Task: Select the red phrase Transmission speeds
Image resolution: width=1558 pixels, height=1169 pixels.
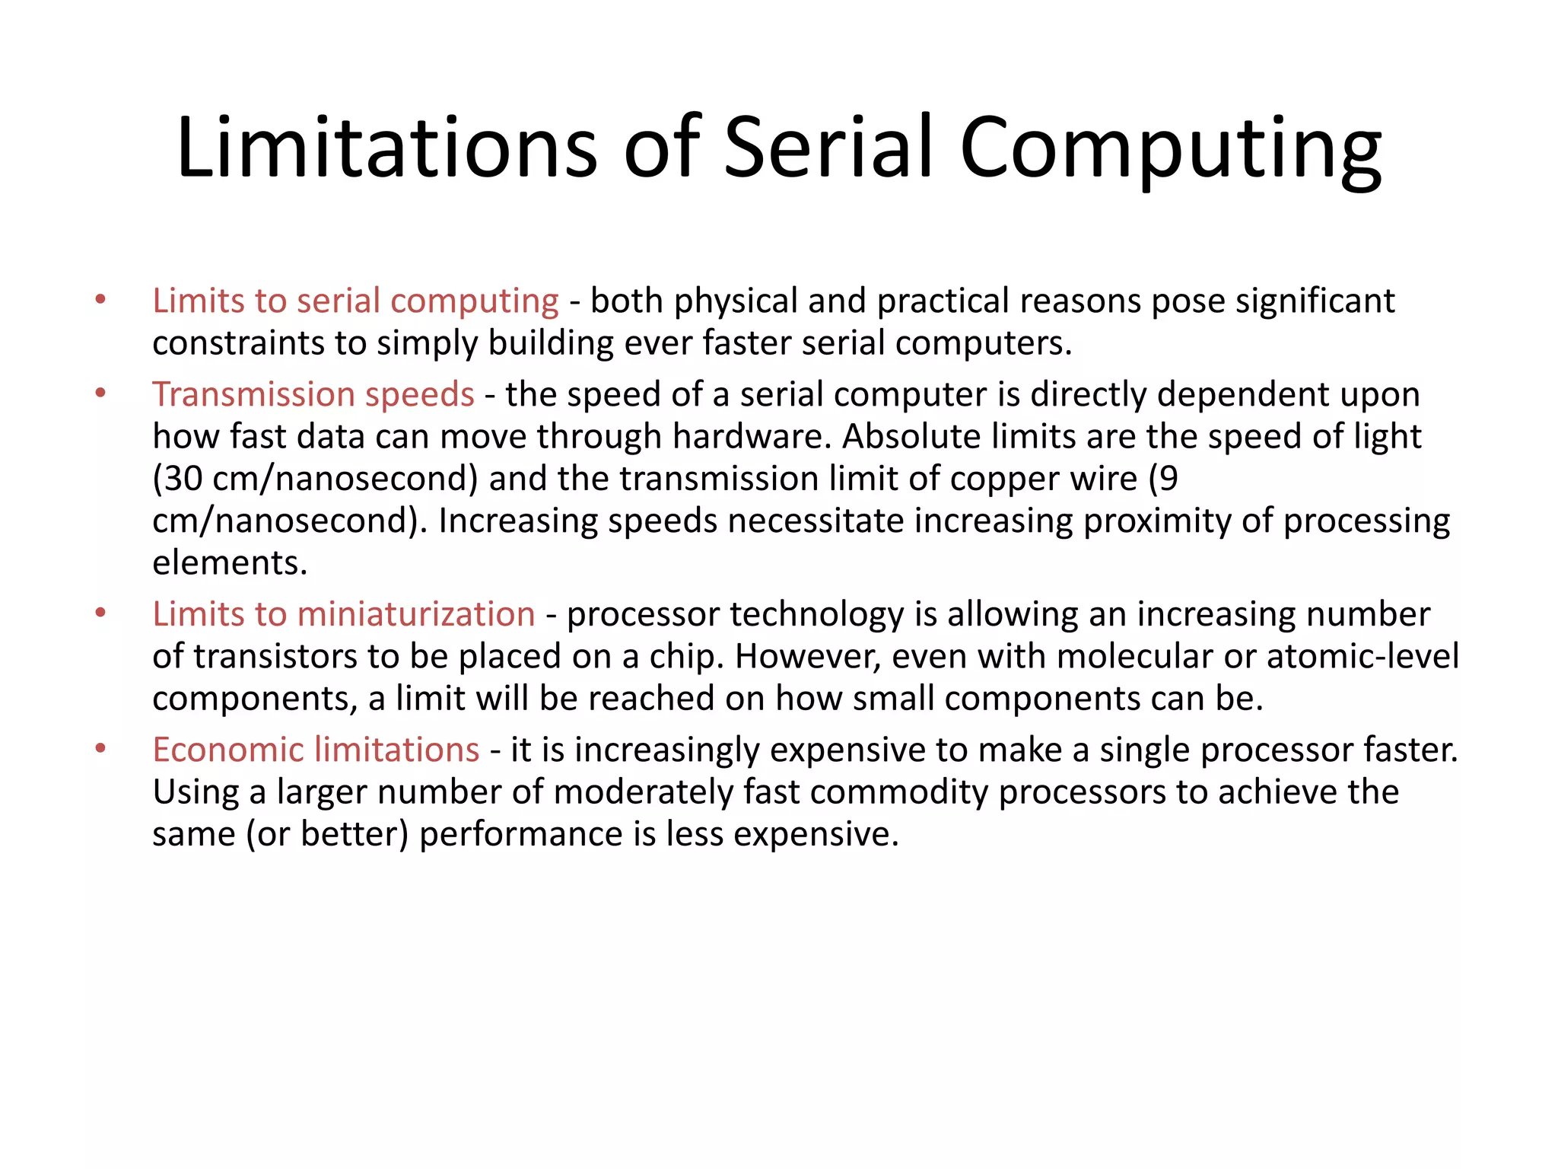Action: click(313, 394)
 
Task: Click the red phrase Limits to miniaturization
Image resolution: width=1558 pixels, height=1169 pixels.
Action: click(344, 614)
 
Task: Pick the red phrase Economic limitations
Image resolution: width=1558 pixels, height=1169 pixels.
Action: click(316, 750)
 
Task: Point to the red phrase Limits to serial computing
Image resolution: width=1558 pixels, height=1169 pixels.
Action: click(355, 301)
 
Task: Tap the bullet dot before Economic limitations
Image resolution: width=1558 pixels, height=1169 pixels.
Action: click(100, 750)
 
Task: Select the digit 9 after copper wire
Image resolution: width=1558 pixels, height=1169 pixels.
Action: click(1168, 479)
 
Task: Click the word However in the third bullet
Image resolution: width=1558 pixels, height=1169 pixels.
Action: click(807, 656)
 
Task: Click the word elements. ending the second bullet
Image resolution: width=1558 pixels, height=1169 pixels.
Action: click(230, 563)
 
